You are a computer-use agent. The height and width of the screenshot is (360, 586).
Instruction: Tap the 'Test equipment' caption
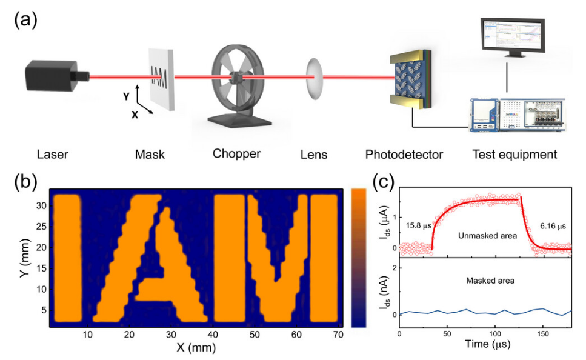pos(514,155)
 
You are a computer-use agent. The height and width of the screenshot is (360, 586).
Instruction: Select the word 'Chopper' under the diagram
pos(236,154)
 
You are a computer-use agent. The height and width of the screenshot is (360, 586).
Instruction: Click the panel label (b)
pos(26,182)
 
